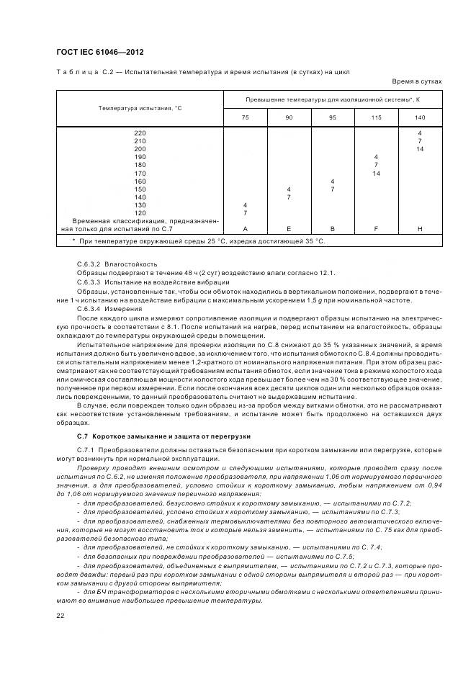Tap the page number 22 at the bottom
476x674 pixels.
click(60, 614)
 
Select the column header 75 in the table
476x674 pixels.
click(246, 117)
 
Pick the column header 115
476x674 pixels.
click(376, 117)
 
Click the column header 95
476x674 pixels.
click(332, 117)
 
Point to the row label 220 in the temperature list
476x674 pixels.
click(140, 133)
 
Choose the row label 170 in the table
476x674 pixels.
click(140, 173)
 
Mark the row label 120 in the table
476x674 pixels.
click(140, 212)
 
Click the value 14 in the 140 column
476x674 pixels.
click(420, 149)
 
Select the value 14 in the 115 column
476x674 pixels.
click(376, 173)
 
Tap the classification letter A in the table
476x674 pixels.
click(246, 228)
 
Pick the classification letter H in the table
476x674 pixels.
click(420, 228)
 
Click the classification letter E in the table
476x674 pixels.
click(289, 228)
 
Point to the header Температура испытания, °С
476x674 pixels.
click(140, 108)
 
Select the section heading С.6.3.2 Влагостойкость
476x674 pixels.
click(117, 264)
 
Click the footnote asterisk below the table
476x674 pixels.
click(74, 241)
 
